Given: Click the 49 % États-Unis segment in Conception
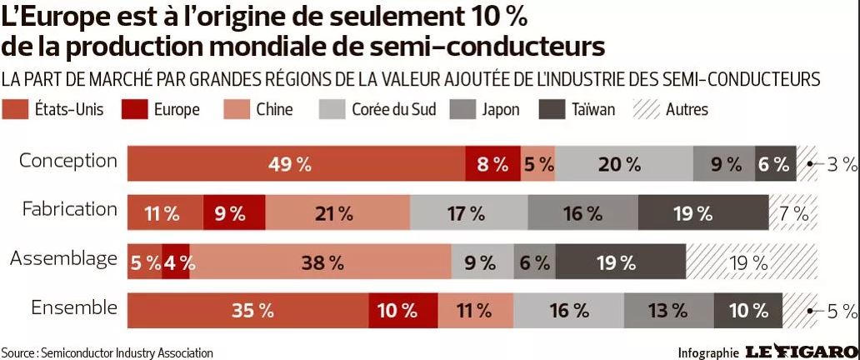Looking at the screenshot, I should click(296, 164).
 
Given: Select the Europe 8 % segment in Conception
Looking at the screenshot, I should click(492, 164).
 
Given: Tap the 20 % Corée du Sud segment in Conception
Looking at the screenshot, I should click(623, 164).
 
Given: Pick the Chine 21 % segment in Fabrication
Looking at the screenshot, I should click(337, 213).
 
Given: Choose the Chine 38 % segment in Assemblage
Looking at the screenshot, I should click(322, 262).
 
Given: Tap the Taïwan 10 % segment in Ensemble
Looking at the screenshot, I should click(748, 311).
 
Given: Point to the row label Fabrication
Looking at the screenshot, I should click(70, 209).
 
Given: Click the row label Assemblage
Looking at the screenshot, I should click(63, 259).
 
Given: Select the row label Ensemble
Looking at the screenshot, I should click(74, 307).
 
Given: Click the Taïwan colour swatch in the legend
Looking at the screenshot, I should click(552, 109).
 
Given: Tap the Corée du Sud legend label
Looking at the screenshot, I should click(393, 109).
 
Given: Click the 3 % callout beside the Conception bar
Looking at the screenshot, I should click(841, 164).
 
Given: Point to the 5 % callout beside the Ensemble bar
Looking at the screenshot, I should click(841, 312).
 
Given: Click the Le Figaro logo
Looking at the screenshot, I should click(801, 351).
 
